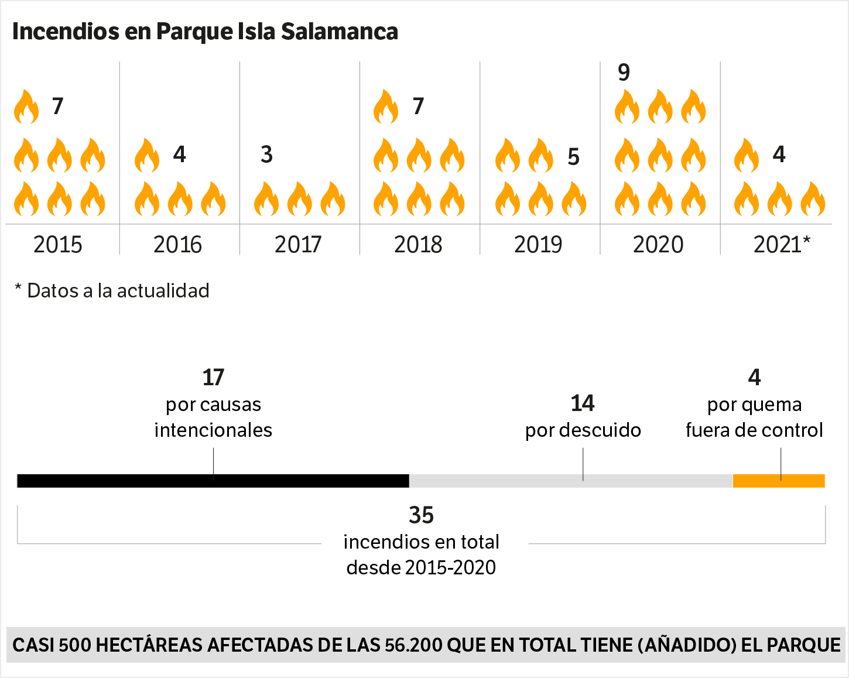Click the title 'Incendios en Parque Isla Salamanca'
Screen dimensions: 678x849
pos(205,32)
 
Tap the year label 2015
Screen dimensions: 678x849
pos(57,244)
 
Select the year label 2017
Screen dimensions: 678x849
pos(298,244)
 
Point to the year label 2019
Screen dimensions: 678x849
pos(538,244)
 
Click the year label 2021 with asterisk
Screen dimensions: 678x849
pos(782,244)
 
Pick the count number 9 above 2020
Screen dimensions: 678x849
pos(624,73)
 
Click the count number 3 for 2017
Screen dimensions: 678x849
pos(266,155)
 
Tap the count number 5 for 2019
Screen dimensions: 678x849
pos(573,157)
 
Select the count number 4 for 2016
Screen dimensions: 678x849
pos(179,155)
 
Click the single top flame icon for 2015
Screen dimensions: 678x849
pos(26,107)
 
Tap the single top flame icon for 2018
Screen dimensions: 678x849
pos(386,107)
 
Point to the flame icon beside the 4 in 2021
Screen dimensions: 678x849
pos(747,156)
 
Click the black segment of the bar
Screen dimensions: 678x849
pos(213,481)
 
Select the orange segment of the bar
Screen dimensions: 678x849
pos(779,481)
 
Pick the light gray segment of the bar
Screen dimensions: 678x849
pos(571,481)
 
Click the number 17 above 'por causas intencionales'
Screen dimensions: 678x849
pos(213,378)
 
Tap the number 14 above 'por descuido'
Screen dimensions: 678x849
pos(583,403)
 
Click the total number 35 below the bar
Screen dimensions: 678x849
pos(421,515)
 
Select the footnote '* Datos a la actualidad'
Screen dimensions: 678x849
pos(112,290)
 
